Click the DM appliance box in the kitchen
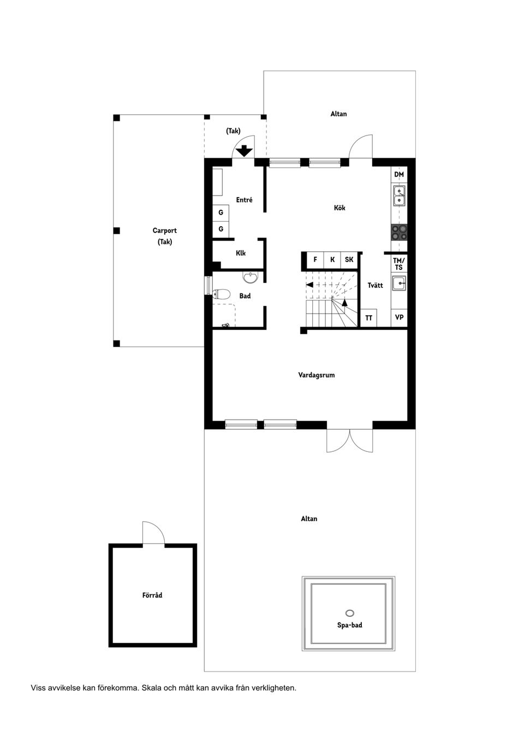(x=399, y=175)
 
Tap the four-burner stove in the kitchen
(x=399, y=233)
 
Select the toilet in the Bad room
(x=220, y=294)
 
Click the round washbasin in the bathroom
(x=250, y=278)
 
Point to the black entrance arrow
(x=244, y=151)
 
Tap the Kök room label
(x=340, y=208)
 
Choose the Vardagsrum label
(x=316, y=375)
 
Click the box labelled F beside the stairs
(x=315, y=260)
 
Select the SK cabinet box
(x=349, y=260)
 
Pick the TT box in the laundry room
(x=369, y=317)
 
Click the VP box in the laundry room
(x=399, y=317)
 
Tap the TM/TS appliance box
(x=399, y=264)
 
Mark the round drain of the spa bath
(x=350, y=613)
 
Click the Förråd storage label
(x=152, y=595)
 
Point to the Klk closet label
(x=241, y=253)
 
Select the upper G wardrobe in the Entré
(x=221, y=212)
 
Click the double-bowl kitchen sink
(x=399, y=196)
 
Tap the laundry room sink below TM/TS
(x=399, y=283)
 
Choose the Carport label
(x=164, y=231)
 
